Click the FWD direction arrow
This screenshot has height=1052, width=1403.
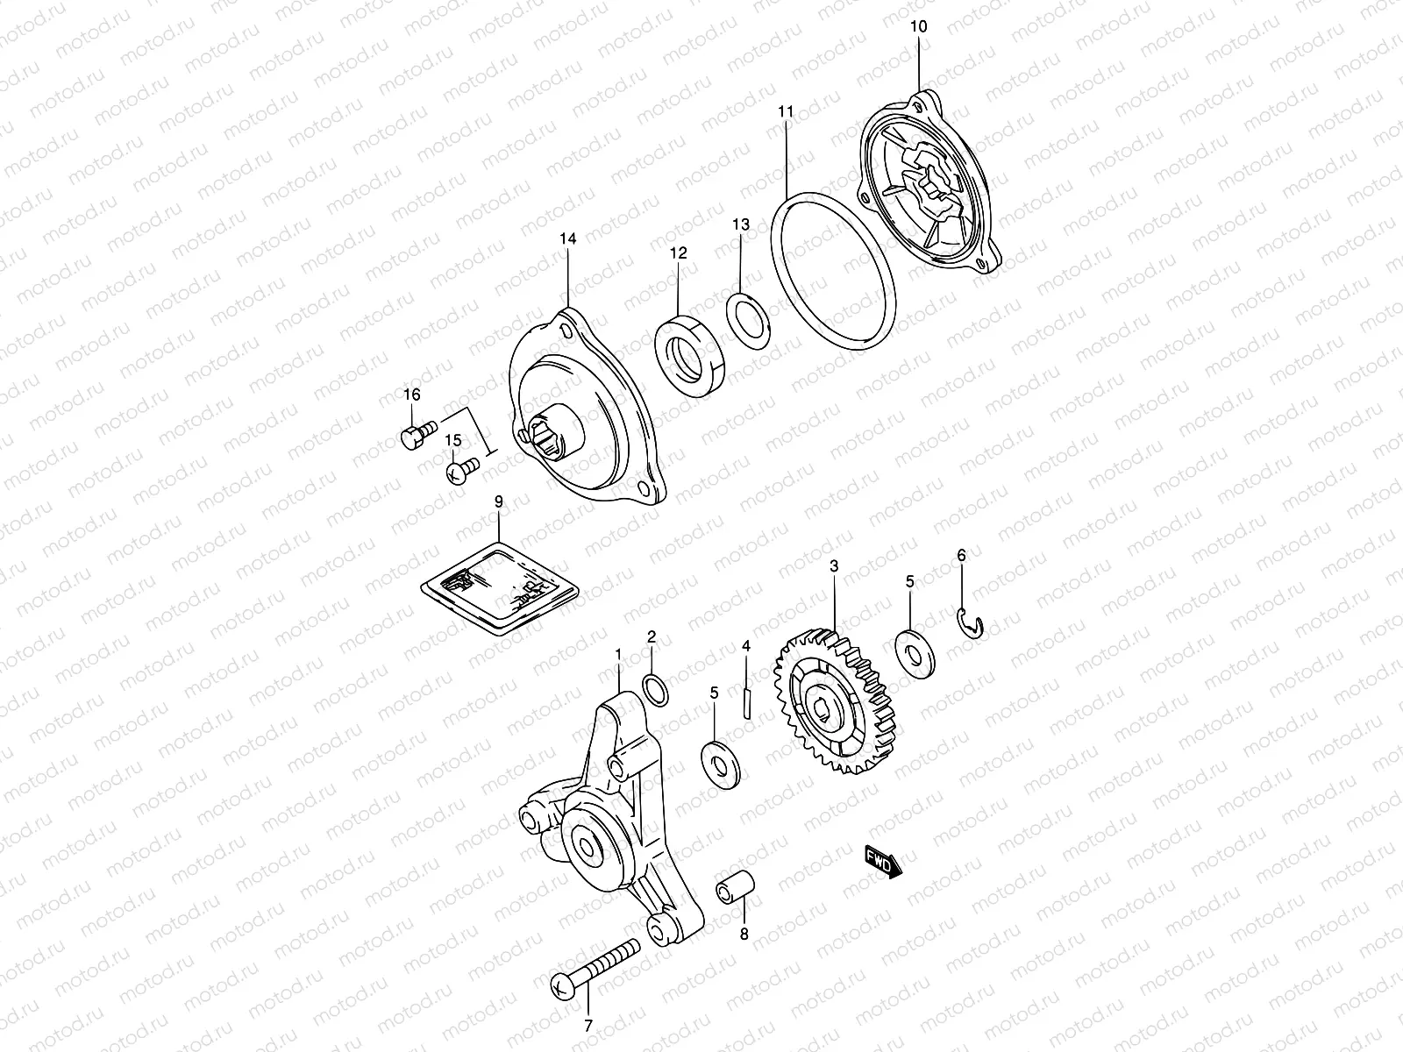pyautogui.click(x=883, y=861)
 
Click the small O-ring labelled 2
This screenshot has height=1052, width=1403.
pyautogui.click(x=654, y=689)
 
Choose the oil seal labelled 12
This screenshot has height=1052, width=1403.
pyautogui.click(x=691, y=355)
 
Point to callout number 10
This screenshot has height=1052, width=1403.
pyautogui.click(x=918, y=27)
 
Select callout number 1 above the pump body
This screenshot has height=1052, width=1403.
pyautogui.click(x=618, y=654)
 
